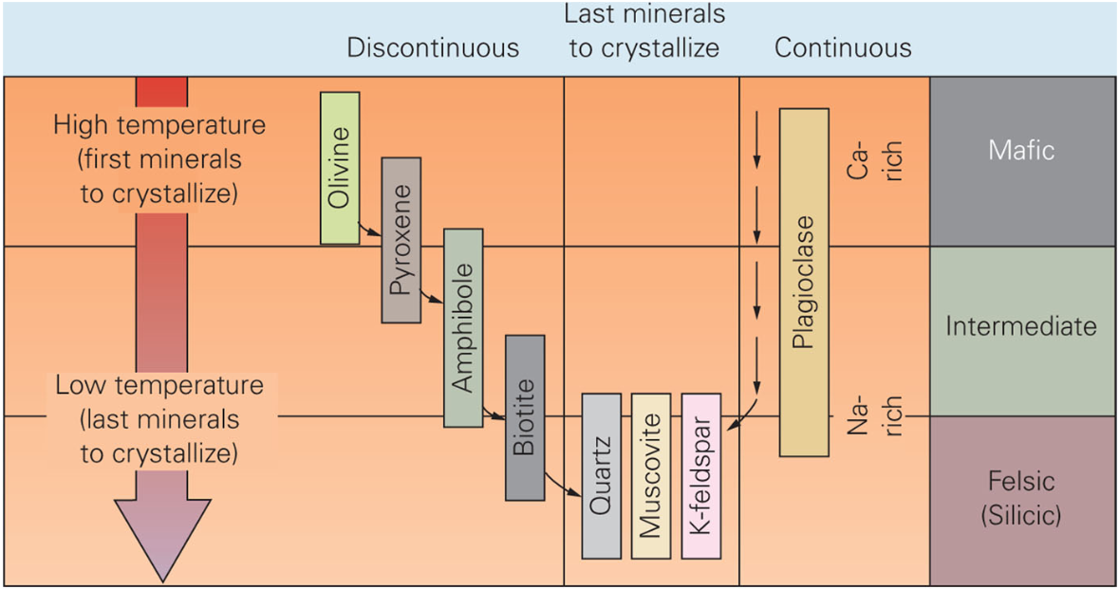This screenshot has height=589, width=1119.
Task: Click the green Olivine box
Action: tap(340, 168)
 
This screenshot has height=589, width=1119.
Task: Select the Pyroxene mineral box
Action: tap(401, 240)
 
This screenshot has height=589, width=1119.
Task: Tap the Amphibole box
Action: tap(463, 327)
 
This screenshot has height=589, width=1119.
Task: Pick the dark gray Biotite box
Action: tap(525, 417)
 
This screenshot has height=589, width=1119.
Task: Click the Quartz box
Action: tap(601, 475)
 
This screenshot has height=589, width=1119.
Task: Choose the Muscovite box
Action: tap(650, 475)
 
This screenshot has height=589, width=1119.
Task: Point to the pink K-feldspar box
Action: tap(701, 475)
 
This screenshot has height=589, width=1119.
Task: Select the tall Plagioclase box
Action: tap(804, 282)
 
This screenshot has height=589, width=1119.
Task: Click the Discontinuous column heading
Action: tap(433, 48)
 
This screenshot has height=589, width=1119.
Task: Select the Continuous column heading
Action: tap(843, 48)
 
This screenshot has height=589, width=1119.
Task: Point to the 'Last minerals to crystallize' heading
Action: tap(644, 31)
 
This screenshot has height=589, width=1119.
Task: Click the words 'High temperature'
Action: tap(159, 125)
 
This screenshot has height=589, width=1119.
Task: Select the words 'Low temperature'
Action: tap(159, 386)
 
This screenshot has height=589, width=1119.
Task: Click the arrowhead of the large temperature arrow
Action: tap(160, 536)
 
